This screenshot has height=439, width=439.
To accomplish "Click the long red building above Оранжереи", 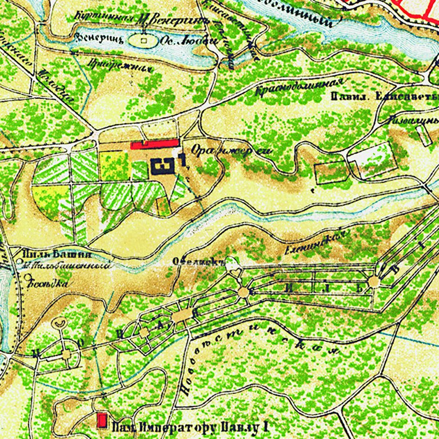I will point(155,145).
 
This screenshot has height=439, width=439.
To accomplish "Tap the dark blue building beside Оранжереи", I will point(165,167).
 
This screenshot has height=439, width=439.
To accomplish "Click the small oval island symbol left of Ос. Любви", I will point(143,41).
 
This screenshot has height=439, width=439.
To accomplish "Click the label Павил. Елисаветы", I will point(384,96).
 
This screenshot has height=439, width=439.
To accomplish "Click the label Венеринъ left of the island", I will point(90,40).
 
